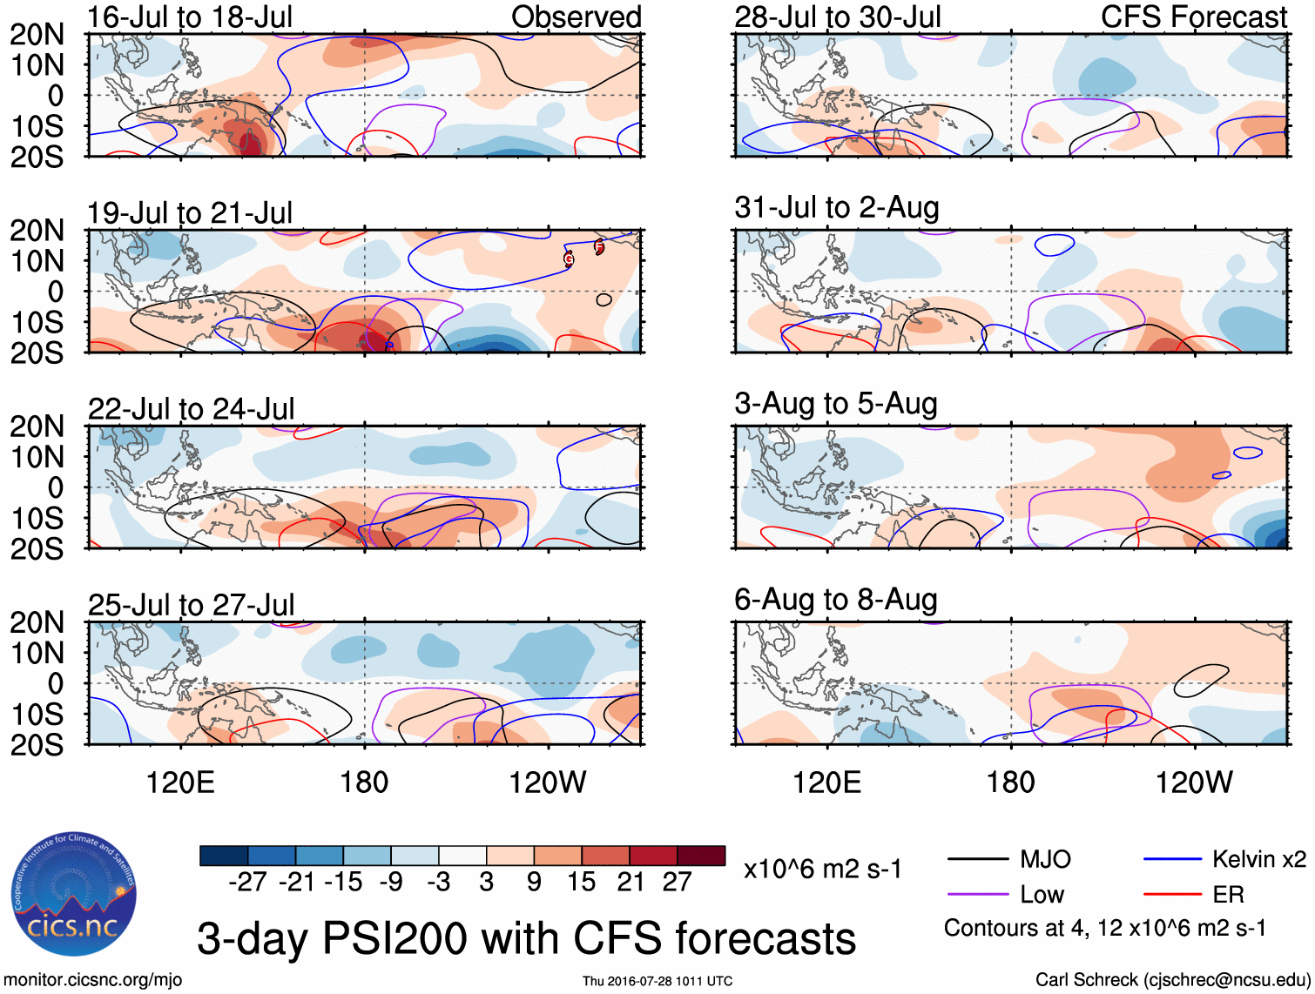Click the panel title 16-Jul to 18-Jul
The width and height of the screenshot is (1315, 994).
pos(190,17)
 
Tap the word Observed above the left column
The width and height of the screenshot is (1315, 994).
pos(576,17)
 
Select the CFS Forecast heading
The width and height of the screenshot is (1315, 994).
pos(1193,17)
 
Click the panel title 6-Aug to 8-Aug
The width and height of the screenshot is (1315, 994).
pos(836,600)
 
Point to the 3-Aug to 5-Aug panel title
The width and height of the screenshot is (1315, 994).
pos(836,404)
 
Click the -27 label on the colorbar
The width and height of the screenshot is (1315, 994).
pos(247,882)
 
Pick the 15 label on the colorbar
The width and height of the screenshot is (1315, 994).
pos(581,882)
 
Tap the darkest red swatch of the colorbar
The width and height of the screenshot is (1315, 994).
pos(701,856)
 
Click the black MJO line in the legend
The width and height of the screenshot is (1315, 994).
pos(977,860)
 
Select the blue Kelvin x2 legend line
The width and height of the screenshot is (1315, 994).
pos(1172,860)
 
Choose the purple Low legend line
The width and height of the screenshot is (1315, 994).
pos(977,894)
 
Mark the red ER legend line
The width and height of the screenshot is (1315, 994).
pos(1172,894)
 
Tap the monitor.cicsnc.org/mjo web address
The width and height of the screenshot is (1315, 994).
pos(93,980)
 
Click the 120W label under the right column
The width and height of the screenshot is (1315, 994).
pos(1194,782)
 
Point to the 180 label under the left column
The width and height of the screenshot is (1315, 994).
pos(364,782)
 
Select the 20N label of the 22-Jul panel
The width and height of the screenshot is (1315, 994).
pos(37,426)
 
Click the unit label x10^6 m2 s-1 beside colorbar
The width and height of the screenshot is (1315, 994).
pos(823,869)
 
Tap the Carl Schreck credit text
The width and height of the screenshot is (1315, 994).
pos(1172,980)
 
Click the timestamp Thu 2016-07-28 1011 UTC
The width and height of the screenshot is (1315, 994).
pos(657,981)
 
